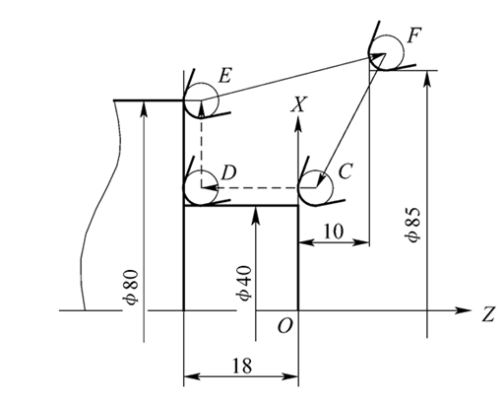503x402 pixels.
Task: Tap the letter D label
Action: [x=227, y=172]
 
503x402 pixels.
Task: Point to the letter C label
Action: [x=345, y=171]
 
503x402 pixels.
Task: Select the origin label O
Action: [x=285, y=326]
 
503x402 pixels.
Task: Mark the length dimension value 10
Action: [x=334, y=229]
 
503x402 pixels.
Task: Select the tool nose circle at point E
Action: [x=202, y=98]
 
